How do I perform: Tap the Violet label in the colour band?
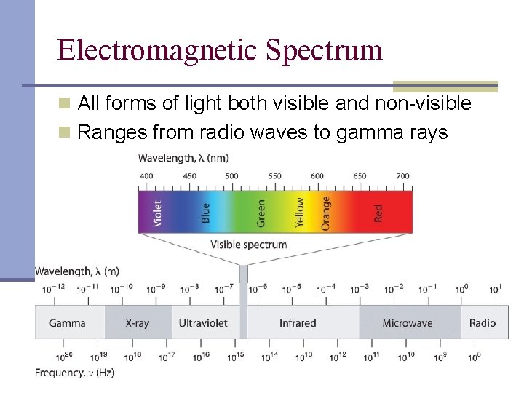coord(158,213)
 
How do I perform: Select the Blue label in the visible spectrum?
coord(206,213)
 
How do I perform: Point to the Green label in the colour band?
coord(261,212)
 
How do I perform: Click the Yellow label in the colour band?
coord(300,212)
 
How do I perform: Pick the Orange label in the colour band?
coord(325,212)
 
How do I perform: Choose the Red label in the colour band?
coord(378,213)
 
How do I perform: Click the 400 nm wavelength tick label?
coord(146,176)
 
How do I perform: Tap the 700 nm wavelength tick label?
coord(402,176)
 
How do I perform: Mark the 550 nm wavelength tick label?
coord(274,176)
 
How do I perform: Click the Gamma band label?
coord(68,323)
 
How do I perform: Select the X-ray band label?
coord(137,323)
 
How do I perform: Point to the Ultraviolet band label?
coord(203,323)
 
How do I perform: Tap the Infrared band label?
coord(298,323)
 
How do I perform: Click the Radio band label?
coord(483,323)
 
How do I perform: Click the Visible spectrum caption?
coord(248,245)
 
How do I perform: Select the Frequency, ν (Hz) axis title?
coord(74,373)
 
